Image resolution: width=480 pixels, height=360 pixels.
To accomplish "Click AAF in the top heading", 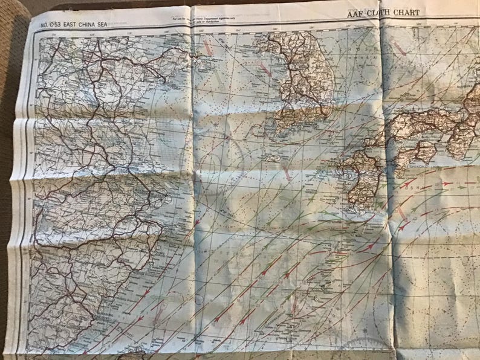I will pyautogui.click(x=355, y=12).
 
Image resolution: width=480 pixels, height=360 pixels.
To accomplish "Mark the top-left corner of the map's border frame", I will pyautogui.click(x=35, y=31).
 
